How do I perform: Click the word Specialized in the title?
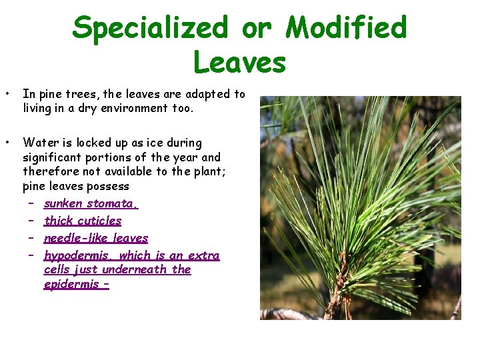click(x=149, y=28)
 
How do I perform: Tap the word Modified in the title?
click(x=346, y=28)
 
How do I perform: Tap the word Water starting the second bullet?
click(x=38, y=143)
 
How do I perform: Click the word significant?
click(x=54, y=157)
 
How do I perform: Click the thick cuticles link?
click(x=83, y=221)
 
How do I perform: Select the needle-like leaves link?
click(x=96, y=238)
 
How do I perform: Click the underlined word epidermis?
click(x=73, y=285)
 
